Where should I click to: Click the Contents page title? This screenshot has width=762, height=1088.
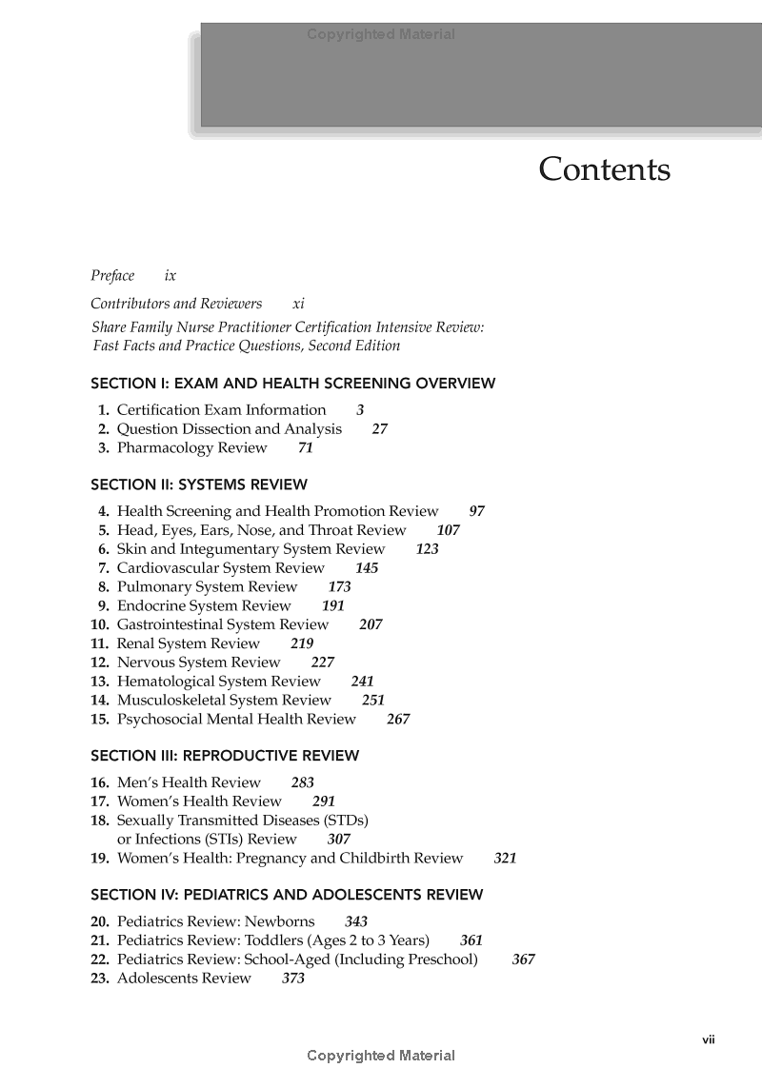604,169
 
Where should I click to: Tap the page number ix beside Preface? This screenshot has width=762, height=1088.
170,276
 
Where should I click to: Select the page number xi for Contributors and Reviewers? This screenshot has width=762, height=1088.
298,304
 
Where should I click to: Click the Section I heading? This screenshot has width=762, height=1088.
292,384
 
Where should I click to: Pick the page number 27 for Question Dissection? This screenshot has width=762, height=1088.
379,429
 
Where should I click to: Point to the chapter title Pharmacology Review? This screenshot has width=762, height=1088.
191,447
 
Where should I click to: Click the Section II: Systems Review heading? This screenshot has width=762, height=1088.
199,485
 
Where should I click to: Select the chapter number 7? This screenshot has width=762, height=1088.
103,568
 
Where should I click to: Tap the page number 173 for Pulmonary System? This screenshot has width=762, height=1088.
339,587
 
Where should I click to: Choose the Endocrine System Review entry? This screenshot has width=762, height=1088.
204,605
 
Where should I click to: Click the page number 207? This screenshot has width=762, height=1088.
371,625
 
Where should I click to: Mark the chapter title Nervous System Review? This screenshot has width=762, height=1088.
198,663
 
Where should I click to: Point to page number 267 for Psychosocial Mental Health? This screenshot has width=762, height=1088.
398,720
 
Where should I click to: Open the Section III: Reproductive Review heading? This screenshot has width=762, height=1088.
225,756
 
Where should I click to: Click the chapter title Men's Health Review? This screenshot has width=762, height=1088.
188,782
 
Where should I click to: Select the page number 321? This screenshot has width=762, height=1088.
505,859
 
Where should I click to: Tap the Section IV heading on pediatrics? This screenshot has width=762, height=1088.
287,895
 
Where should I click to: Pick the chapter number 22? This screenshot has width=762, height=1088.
100,959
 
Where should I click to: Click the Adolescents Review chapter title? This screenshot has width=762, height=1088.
184,979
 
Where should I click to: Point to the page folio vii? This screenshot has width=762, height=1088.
709,1039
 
